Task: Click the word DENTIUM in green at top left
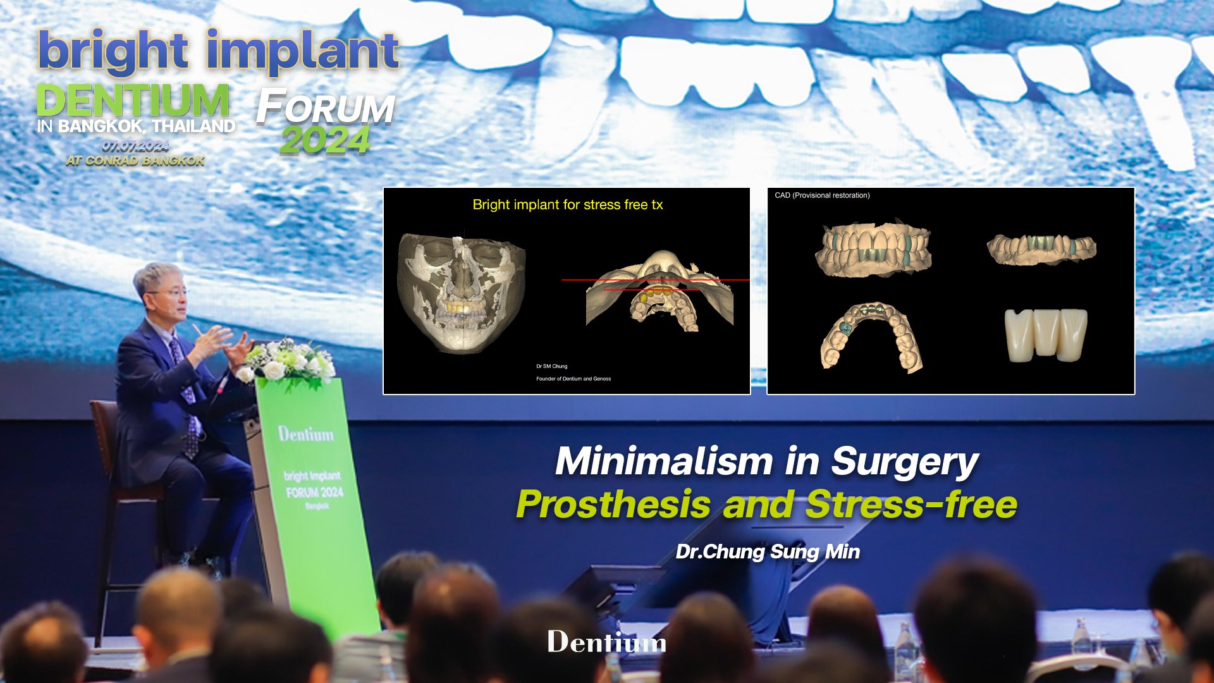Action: (133, 101)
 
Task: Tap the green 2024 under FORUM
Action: (325, 140)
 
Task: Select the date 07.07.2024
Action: (135, 147)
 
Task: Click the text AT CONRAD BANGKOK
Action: (135, 161)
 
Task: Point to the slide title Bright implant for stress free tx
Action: (567, 205)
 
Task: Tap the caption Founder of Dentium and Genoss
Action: (573, 379)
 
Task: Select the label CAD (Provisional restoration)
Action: (822, 195)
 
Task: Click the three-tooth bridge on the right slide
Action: (1046, 335)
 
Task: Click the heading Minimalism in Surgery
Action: (766, 462)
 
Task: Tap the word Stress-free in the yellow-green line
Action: (911, 505)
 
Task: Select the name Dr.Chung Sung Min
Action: (768, 552)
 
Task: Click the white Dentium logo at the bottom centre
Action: (606, 642)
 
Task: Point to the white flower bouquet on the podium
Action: (288, 362)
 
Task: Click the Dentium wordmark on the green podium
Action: (306, 434)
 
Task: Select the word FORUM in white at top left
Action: (326, 108)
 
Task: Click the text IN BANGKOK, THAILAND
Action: (136, 126)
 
